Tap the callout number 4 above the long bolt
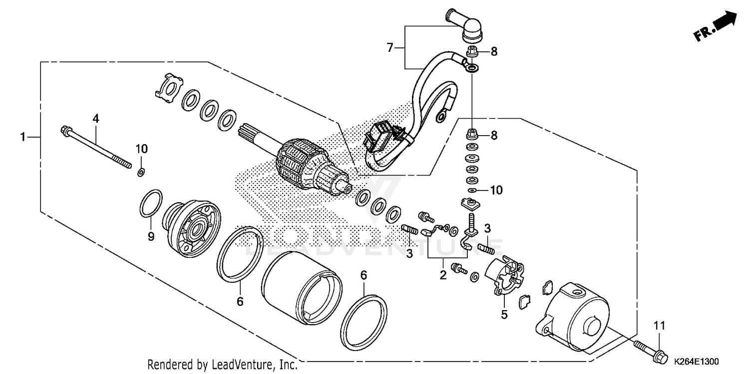[x=95, y=118]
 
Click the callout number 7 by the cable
[x=391, y=47]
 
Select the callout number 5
[x=504, y=314]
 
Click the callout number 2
[x=442, y=275]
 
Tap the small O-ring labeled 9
[x=151, y=203]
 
